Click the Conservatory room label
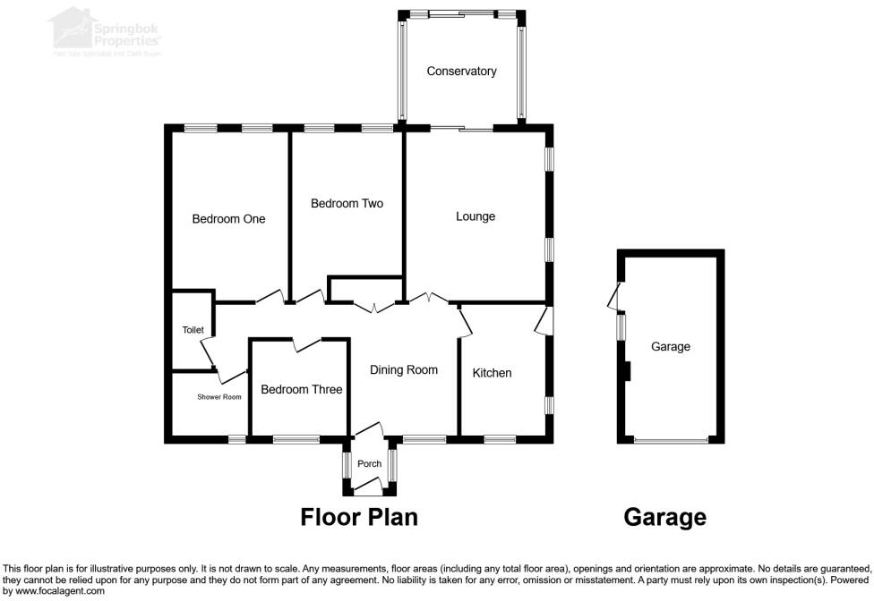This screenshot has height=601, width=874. coord(461,72)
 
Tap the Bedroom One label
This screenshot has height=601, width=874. coord(228,219)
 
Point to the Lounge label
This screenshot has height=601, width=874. coord(476,216)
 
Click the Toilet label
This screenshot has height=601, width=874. coord(193,330)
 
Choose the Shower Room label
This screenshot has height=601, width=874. coord(219,397)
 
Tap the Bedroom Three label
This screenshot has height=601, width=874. coord(302,390)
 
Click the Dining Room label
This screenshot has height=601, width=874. coord(404,370)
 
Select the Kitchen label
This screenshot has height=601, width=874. coord(492,373)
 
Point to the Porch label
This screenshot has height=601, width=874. coord(369,464)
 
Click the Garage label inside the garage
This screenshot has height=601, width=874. coord(671,347)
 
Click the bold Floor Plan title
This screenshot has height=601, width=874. coord(359,517)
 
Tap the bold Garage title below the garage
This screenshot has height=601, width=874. coord(664,517)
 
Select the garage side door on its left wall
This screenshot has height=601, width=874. coord(614,297)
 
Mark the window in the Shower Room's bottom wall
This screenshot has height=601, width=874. coord(237,439)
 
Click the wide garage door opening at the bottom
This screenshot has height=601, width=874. coord(670,440)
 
